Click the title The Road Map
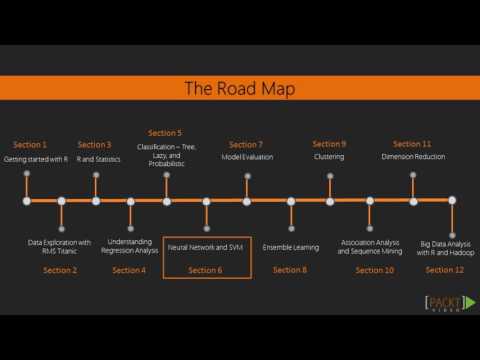coord(239,89)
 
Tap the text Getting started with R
coord(37,158)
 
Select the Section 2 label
coord(60,270)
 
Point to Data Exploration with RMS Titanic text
coord(59,247)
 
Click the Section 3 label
coord(95,144)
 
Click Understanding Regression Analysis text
coord(129,247)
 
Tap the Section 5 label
coord(165,133)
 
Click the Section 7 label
coord(246,144)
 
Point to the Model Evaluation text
coord(246,158)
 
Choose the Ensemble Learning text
coord(291,247)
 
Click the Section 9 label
coord(329,144)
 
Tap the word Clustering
coord(329,158)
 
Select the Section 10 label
coord(374,270)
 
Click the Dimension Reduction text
coord(413,158)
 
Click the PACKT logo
coord(446,304)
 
